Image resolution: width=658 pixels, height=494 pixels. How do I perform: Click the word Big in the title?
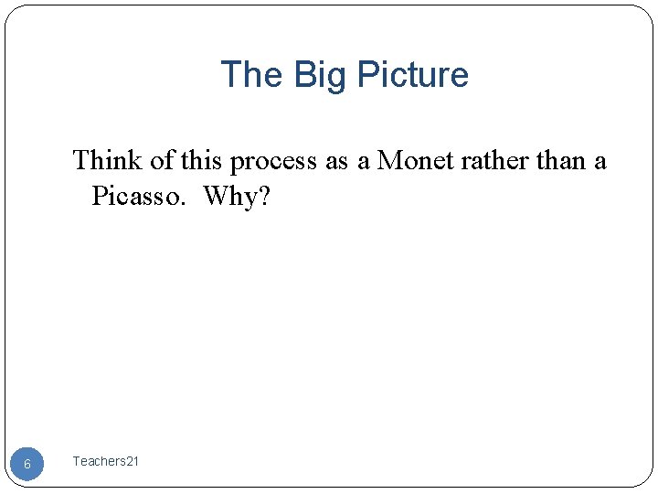[x=320, y=75]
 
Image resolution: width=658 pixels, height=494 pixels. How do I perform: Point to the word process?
[x=273, y=162]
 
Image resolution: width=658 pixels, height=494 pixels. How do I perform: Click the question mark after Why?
[x=264, y=196]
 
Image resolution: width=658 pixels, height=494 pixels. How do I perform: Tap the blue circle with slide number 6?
[x=27, y=464]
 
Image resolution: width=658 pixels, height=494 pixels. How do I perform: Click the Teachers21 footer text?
[x=105, y=462]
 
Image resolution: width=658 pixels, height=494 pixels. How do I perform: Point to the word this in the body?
[x=201, y=161]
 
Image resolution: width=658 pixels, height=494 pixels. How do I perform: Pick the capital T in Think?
[x=80, y=161]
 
